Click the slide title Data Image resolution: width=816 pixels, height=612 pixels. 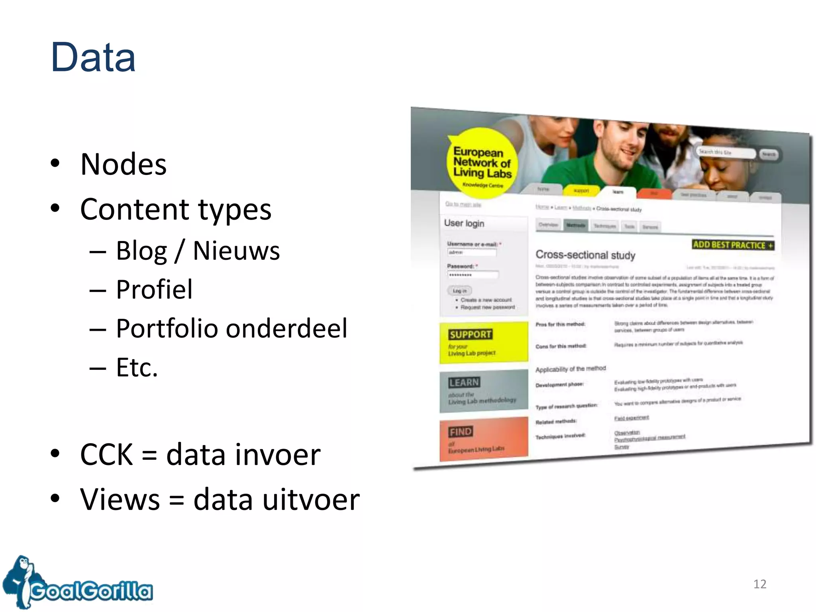[x=93, y=58]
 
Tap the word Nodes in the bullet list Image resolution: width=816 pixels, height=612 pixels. [x=123, y=164]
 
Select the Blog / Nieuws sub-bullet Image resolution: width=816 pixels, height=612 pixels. [x=198, y=251]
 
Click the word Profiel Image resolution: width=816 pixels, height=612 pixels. [x=154, y=289]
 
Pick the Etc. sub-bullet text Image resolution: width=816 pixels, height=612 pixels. [x=137, y=367]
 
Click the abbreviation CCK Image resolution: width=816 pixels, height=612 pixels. [x=106, y=455]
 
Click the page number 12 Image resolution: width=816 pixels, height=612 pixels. [x=759, y=584]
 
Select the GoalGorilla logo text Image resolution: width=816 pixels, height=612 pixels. [x=92, y=591]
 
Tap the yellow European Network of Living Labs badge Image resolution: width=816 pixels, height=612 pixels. [x=482, y=163]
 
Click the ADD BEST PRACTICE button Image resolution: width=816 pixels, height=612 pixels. [x=733, y=245]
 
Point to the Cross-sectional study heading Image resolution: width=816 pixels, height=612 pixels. [x=585, y=255]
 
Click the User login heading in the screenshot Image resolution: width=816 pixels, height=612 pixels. [x=464, y=223]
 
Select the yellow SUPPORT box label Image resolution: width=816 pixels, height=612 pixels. [x=470, y=334]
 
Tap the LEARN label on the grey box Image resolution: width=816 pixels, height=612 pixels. [x=464, y=382]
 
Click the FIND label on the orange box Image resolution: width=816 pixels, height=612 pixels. [x=461, y=432]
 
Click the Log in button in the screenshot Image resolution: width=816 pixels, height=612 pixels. [x=459, y=291]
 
